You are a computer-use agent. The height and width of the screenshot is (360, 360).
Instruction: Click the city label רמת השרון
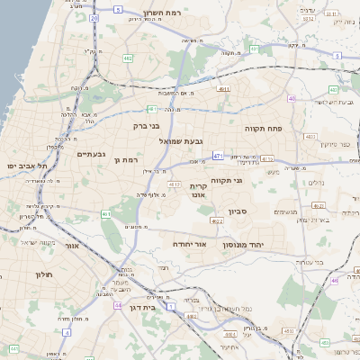(162, 14)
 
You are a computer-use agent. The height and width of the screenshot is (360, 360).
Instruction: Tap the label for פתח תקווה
(264, 129)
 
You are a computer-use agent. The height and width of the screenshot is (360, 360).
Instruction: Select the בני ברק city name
(146, 127)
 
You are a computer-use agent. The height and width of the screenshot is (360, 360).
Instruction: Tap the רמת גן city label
(131, 159)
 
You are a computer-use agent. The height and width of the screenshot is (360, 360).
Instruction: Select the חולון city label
(45, 274)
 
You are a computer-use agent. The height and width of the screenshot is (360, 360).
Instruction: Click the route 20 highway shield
(94, 17)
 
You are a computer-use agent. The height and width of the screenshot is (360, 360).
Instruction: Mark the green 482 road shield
(128, 58)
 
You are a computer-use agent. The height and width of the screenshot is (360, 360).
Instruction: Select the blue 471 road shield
(218, 156)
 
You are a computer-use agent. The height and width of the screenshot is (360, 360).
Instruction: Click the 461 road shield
(106, 214)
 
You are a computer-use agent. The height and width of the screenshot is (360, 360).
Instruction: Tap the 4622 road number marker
(217, 220)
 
